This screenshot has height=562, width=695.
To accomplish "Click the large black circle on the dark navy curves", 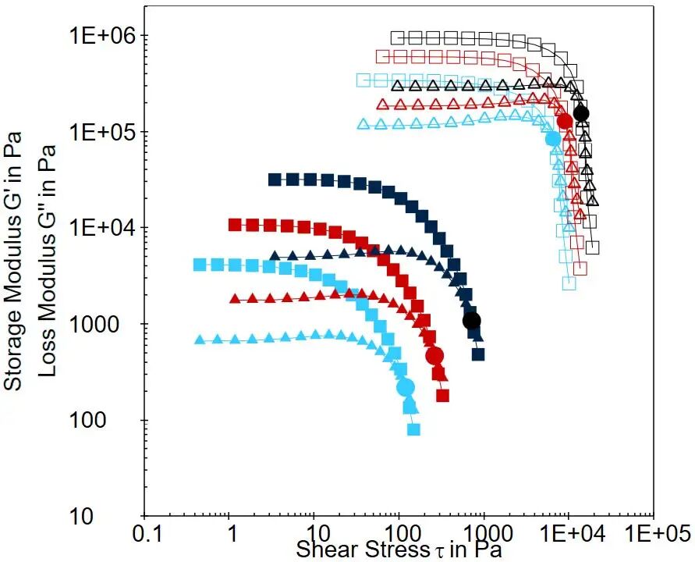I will click(x=471, y=321).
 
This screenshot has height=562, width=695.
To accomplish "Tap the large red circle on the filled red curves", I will click(x=434, y=356).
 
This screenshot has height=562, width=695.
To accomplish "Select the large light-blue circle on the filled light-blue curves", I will click(x=406, y=387).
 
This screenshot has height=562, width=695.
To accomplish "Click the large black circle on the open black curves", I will click(x=581, y=113).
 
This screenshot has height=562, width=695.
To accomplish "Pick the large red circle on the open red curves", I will click(x=566, y=121).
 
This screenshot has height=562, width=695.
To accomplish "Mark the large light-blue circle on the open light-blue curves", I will click(x=554, y=139).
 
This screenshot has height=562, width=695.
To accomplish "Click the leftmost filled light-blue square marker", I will click(x=200, y=265).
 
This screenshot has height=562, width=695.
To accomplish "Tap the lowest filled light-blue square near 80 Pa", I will click(x=413, y=429).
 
